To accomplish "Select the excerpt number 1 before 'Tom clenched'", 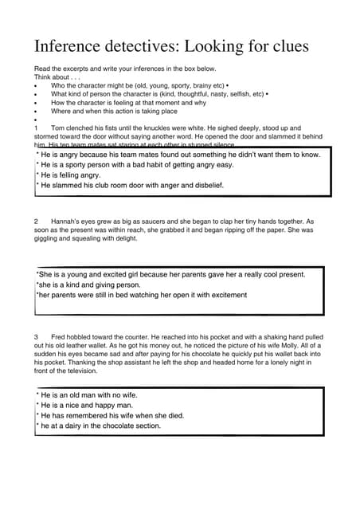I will pos(37,127).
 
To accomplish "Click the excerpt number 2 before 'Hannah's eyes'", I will pos(37,221).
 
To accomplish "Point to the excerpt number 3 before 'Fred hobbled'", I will pos(37,337).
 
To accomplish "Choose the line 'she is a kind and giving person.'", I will pos(88,284).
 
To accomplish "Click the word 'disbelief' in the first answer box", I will pos(207,185).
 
